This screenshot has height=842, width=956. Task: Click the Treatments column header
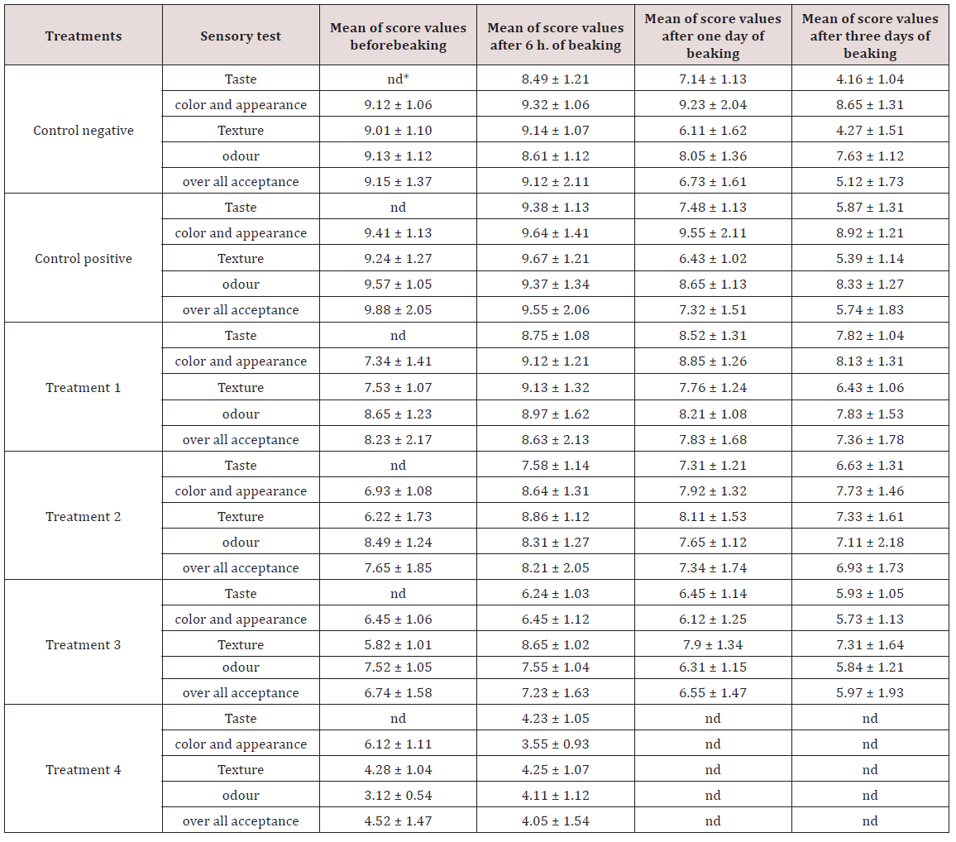point(84,36)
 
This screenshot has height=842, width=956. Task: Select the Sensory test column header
point(241,36)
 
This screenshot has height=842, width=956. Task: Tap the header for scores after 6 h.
point(555,36)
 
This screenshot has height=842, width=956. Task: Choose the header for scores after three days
point(869,36)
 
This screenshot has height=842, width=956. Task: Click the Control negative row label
point(84,130)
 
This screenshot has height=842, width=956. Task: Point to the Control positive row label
point(84,258)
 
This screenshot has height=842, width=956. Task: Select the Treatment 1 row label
point(84,387)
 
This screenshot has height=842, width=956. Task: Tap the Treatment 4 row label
point(84,769)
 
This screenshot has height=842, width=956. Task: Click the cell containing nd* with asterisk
point(398,79)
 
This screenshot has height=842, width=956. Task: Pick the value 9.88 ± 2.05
point(398,309)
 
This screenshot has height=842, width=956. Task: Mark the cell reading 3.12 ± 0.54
point(398,795)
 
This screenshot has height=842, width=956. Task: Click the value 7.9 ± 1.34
point(712,644)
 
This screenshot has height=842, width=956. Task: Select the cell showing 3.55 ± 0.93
point(555,744)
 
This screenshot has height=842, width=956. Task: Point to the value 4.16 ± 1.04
point(869,79)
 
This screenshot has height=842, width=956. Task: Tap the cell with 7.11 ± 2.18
point(869,542)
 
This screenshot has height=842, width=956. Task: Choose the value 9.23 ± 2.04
point(712,105)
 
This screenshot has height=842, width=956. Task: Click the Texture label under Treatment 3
point(241,644)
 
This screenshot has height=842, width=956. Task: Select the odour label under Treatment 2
point(241,542)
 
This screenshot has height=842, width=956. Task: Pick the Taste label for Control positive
point(241,207)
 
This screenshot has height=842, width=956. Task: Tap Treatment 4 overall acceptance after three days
point(869,820)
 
